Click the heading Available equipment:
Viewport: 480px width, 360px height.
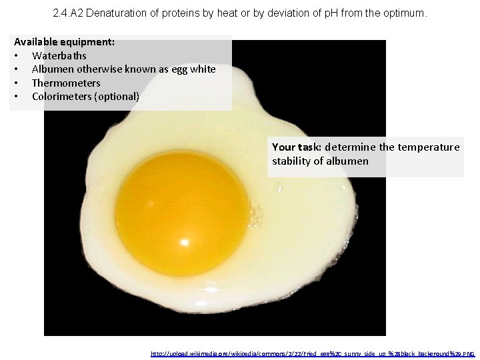(64, 41)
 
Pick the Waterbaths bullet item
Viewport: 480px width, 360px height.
(59, 55)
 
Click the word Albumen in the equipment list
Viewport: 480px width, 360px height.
(53, 69)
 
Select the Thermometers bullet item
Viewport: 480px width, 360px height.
(66, 83)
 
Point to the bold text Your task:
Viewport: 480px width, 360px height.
(297, 147)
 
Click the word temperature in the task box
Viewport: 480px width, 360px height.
(428, 147)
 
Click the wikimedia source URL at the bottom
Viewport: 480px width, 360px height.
(313, 353)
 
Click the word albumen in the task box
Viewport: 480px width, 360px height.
(348, 161)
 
